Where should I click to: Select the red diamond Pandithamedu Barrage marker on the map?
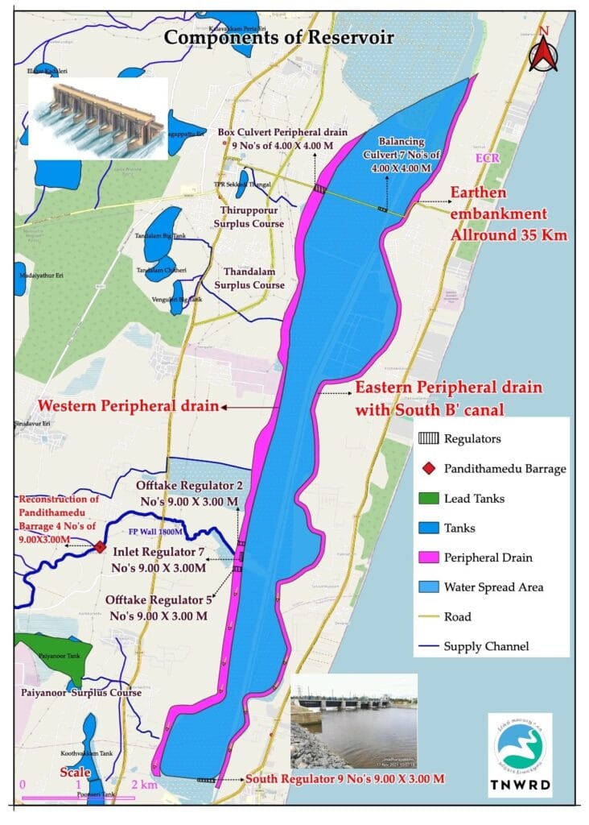coord(100,547)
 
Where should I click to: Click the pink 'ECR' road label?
coord(488,159)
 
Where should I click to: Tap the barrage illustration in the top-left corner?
coord(97,118)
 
